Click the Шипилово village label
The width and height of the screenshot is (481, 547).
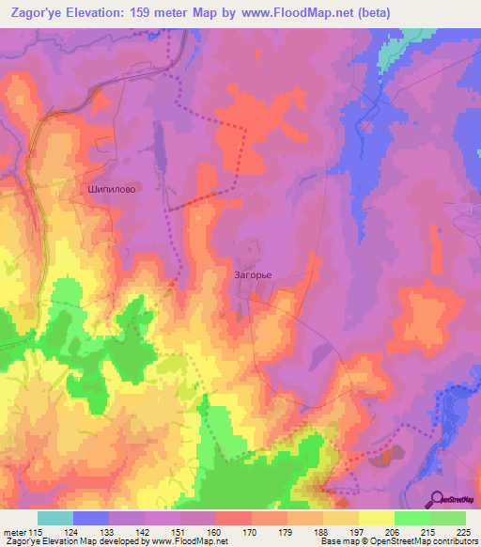111,188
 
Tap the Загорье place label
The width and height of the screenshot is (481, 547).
253,275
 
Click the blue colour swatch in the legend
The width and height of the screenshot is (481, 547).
91,517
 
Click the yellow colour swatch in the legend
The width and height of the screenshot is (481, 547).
377,517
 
